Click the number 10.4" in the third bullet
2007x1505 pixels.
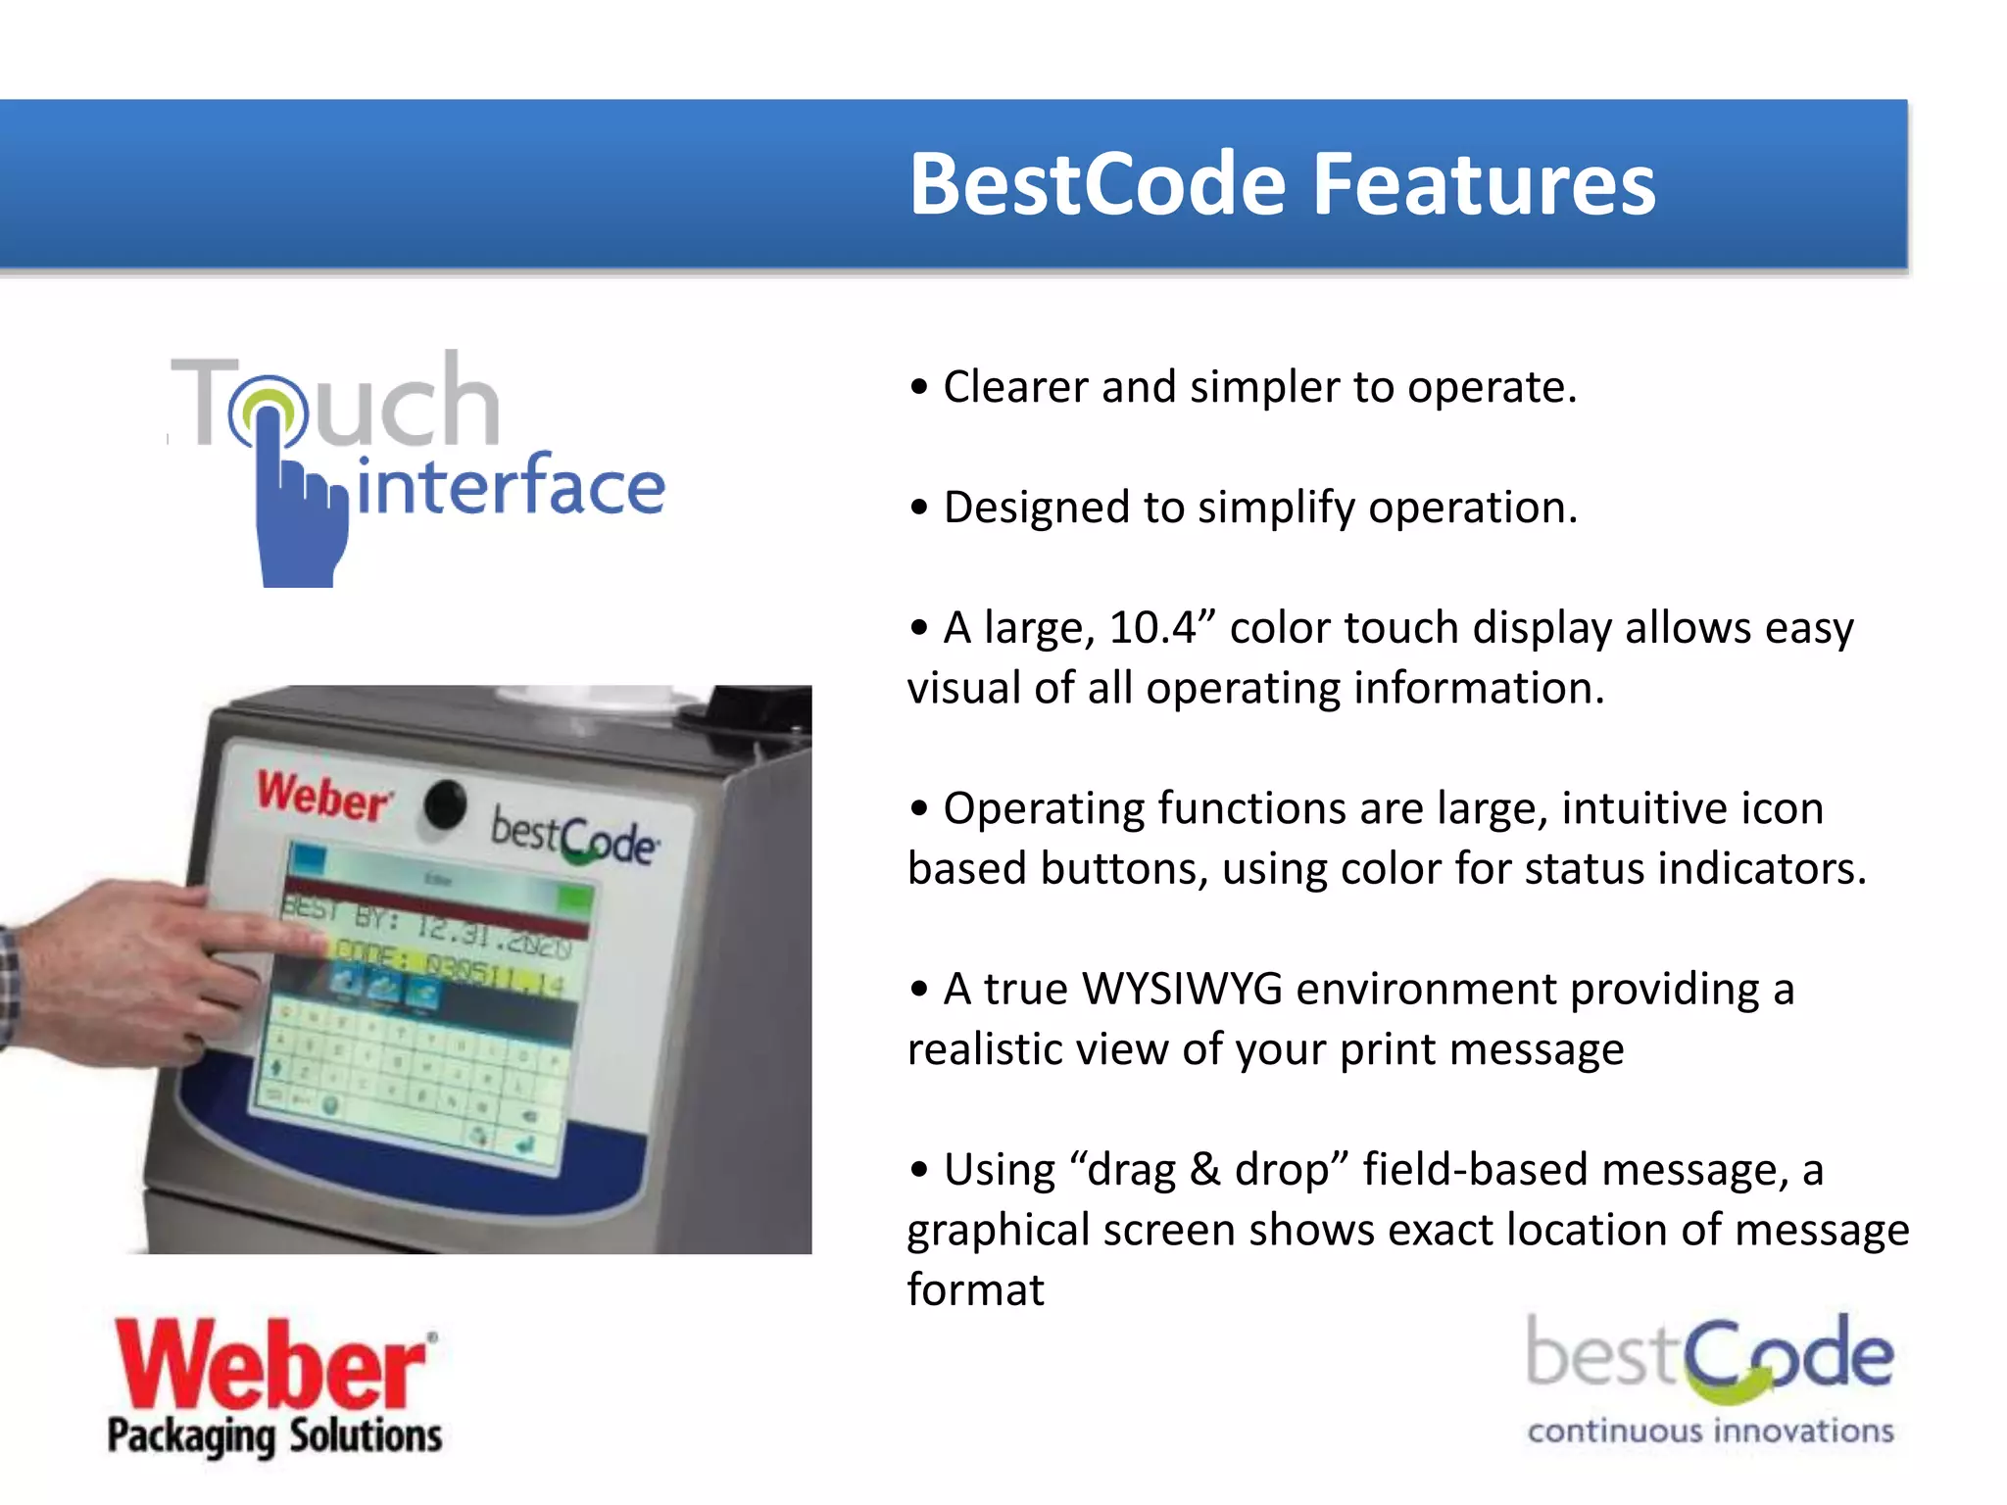(x=1162, y=627)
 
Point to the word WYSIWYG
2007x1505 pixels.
(x=1182, y=989)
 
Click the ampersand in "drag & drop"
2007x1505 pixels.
(x=1204, y=1170)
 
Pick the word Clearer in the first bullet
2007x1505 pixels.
(x=1014, y=387)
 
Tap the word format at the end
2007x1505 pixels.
(x=975, y=1290)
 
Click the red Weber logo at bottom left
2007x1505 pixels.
(x=274, y=1365)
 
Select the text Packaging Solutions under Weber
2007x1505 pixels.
(x=274, y=1436)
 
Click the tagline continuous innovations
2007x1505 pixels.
(x=1710, y=1432)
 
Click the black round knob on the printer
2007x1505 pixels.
(x=446, y=804)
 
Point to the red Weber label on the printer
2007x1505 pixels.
(x=323, y=797)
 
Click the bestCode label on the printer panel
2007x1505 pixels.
(x=574, y=838)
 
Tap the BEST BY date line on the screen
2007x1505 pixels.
(x=431, y=926)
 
